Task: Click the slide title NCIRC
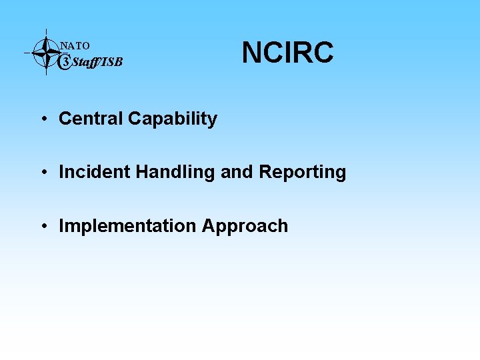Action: tap(287, 53)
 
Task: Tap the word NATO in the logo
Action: tap(75, 46)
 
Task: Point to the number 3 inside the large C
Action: tap(65, 63)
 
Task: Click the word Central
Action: tap(91, 119)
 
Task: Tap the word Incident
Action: tap(95, 172)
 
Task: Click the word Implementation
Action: tap(127, 227)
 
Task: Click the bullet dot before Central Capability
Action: tap(42, 120)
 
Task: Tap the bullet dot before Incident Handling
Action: tap(42, 173)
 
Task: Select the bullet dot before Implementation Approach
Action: tap(42, 227)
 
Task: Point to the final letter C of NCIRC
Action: tap(322, 53)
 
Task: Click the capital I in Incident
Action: tap(61, 172)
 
